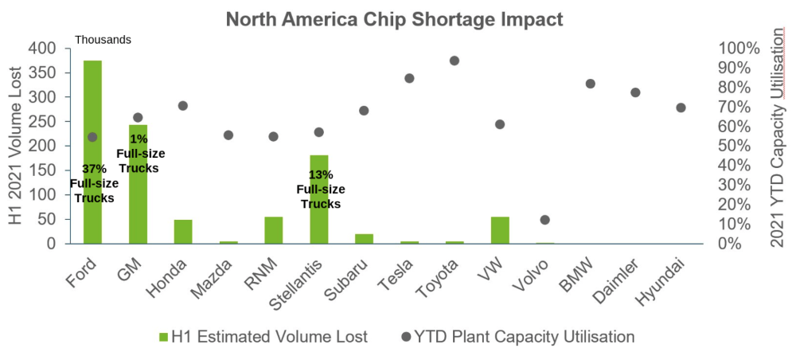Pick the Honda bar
(183, 232)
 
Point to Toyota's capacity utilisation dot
(455, 61)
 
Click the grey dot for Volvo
(545, 220)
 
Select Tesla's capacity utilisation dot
(409, 78)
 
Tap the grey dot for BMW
(591, 84)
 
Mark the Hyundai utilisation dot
(681, 108)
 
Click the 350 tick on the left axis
(44, 72)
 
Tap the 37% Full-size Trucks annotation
(94, 183)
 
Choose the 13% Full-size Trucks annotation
(321, 189)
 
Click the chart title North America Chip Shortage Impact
(394, 19)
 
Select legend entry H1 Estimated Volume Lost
(263, 337)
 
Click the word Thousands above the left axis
(103, 39)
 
